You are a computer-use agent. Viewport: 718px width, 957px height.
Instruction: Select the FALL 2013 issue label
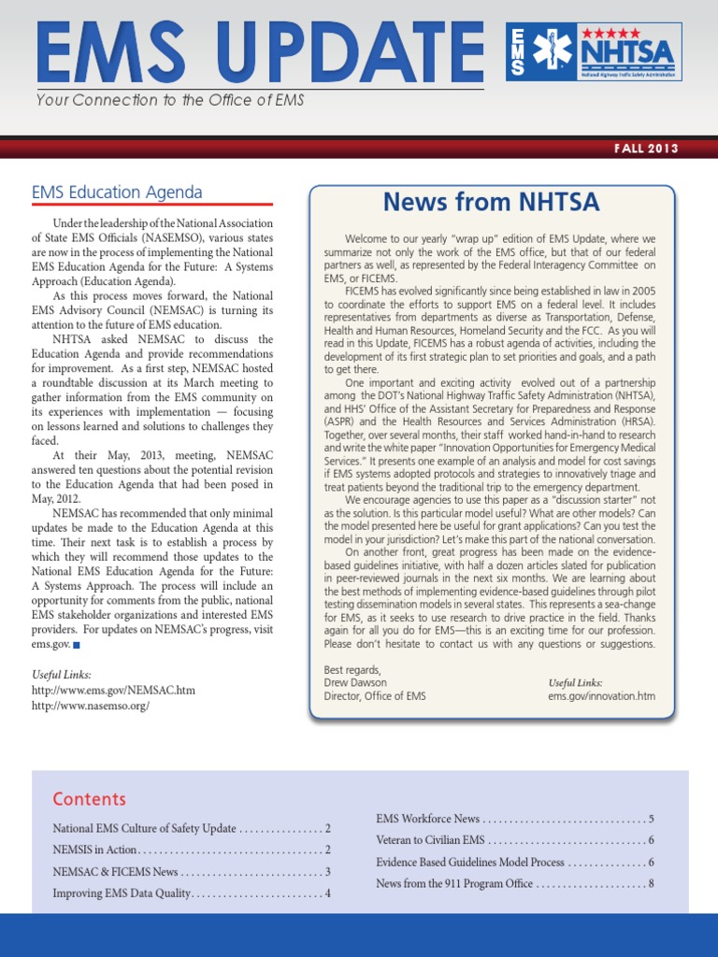pos(646,149)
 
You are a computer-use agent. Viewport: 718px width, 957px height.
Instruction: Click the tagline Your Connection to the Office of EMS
pos(170,100)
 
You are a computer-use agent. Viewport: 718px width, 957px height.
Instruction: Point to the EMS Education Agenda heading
pos(117,193)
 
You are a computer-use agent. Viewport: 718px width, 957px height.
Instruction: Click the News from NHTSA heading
pos(491,202)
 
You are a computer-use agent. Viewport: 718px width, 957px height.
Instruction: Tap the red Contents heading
pos(89,799)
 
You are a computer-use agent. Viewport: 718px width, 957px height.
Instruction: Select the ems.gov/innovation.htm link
pos(601,696)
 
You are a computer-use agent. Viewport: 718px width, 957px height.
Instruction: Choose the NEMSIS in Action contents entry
pos(94,850)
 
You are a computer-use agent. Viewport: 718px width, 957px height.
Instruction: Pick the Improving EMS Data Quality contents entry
pos(122,893)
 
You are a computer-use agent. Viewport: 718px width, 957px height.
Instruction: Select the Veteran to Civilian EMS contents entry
pos(430,840)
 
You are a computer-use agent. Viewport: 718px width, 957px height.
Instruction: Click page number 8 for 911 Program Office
pos(650,883)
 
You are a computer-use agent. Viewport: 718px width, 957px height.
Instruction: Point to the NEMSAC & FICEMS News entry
pos(114,872)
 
